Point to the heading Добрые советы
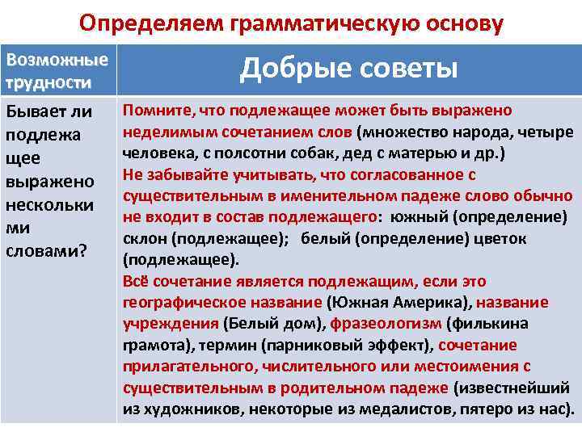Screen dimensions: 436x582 click(348, 69)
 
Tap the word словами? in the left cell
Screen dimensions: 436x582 click(47, 251)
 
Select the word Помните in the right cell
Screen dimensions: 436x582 click(154, 111)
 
